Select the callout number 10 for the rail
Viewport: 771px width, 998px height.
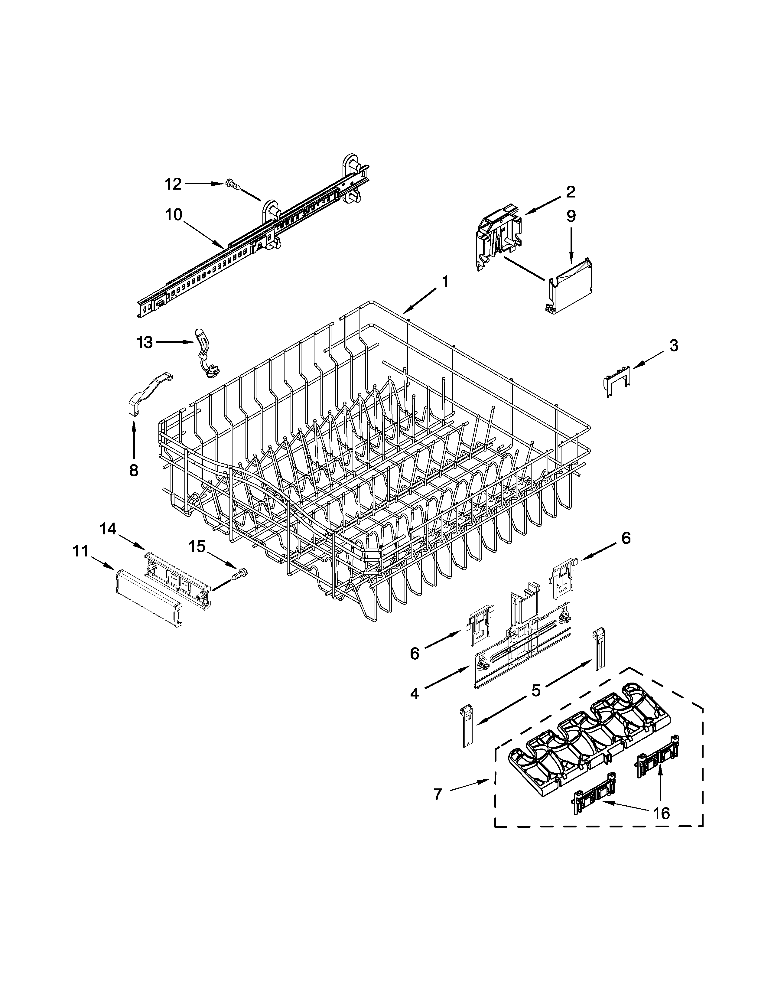click(174, 215)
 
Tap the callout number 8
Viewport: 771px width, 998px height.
click(133, 470)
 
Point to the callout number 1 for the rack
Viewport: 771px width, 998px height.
click(445, 282)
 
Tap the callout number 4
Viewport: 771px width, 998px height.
click(414, 694)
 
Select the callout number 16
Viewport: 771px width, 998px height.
click(661, 813)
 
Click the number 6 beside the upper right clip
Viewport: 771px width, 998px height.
click(626, 538)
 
